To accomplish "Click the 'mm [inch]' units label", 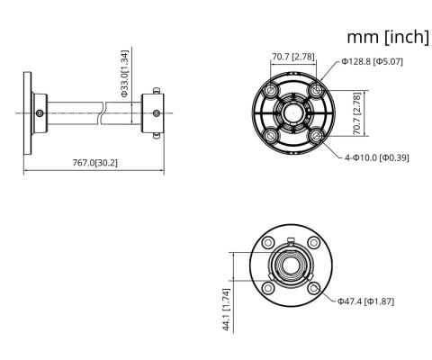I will tap(387, 38).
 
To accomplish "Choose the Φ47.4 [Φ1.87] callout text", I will tap(365, 301).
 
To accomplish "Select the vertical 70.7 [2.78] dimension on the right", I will tap(357, 112).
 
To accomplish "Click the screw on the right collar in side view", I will tap(157, 112).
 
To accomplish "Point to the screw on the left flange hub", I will tap(40, 112).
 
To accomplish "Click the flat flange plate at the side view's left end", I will tap(27, 112).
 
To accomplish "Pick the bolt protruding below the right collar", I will tap(157, 137).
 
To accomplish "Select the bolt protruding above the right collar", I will tap(157, 88).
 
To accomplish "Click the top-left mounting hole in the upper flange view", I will tap(270, 91).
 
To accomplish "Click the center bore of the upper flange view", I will tap(292, 112).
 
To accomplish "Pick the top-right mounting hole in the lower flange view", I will tap(313, 244).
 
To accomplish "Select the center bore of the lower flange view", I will tap(292, 265).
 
